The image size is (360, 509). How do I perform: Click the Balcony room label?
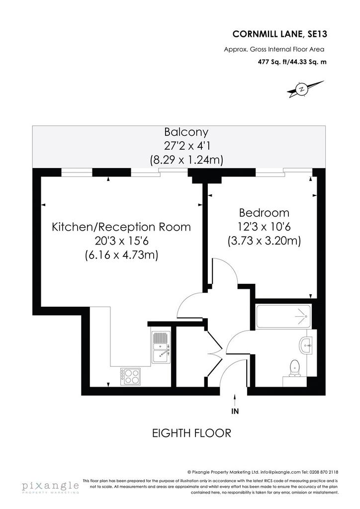[x=186, y=132]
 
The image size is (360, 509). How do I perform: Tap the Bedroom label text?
[x=264, y=213]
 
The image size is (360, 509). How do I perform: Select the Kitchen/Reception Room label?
[x=121, y=227]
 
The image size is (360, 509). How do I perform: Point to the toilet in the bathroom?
[x=294, y=368]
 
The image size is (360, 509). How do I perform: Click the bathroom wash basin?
[x=306, y=346]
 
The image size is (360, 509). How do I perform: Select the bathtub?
[x=284, y=316]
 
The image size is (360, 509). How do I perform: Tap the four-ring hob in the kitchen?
[x=130, y=377]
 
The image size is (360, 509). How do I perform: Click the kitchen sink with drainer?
[x=161, y=347]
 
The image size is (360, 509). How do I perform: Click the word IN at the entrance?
[x=235, y=411]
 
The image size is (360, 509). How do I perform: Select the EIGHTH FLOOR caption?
[x=191, y=433]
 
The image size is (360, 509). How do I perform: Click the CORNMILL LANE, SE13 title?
[x=280, y=34]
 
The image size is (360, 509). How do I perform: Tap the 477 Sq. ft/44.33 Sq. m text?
[x=292, y=62]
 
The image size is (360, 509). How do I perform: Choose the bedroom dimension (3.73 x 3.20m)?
[x=264, y=241]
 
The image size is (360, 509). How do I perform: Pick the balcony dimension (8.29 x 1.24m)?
[x=186, y=160]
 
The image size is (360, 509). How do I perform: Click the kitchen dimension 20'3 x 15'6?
[x=121, y=241]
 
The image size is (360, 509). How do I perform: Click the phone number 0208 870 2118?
[x=325, y=472]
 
